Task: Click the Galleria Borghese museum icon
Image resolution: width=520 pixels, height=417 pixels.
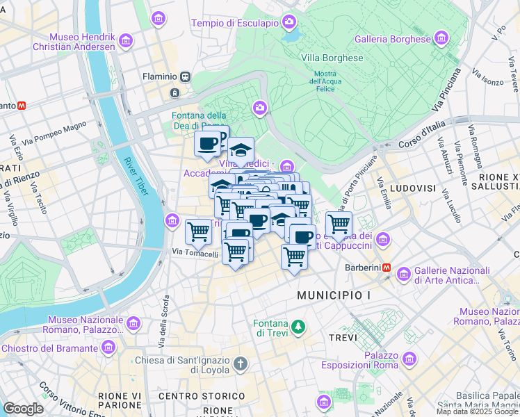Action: (x=441, y=38)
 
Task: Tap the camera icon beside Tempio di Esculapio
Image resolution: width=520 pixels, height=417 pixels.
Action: (x=289, y=22)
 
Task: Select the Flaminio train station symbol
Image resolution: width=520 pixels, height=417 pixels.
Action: (x=186, y=77)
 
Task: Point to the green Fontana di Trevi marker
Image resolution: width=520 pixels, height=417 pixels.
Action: (x=298, y=326)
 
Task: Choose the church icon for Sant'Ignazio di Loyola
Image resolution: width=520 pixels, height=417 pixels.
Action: (x=240, y=364)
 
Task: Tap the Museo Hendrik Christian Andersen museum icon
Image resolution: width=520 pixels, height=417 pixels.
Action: (x=125, y=40)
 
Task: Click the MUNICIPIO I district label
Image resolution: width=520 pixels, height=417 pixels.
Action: (x=334, y=295)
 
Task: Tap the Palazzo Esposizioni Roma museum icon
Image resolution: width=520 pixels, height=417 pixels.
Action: (x=410, y=359)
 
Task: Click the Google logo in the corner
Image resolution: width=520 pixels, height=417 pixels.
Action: (x=23, y=409)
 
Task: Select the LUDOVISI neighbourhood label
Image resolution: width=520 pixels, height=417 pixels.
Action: (x=412, y=188)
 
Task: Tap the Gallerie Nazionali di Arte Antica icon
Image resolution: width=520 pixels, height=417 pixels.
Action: (x=404, y=275)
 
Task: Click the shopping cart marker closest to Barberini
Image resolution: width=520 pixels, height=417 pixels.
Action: (x=338, y=224)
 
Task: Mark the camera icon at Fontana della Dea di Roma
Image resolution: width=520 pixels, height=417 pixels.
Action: (x=259, y=108)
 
